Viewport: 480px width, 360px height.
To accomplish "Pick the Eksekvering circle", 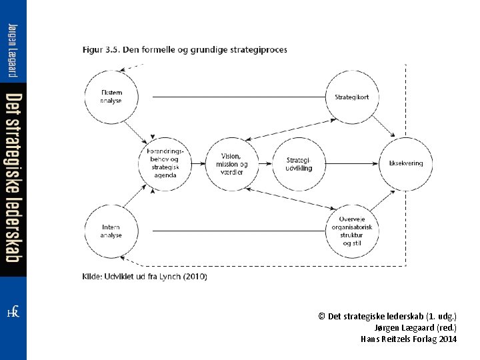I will tap(406, 163).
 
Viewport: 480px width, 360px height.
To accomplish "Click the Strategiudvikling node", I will tap(298, 163).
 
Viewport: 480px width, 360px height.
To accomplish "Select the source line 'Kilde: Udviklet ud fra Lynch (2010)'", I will tap(145, 276).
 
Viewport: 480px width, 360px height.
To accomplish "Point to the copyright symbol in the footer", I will tap(323, 316).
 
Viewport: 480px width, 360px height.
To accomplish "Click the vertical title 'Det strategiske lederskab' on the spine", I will tap(13, 177).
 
